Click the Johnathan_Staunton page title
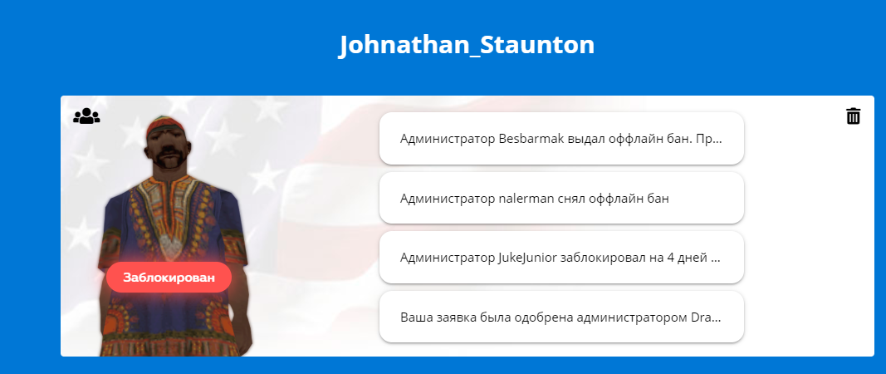pyautogui.click(x=467, y=45)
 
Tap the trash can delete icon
pyautogui.click(x=853, y=116)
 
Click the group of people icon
pyautogui.click(x=86, y=116)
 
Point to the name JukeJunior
pyautogui.click(x=528, y=258)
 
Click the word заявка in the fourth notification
pyautogui.click(x=453, y=317)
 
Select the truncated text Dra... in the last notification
pyautogui.click(x=707, y=317)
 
